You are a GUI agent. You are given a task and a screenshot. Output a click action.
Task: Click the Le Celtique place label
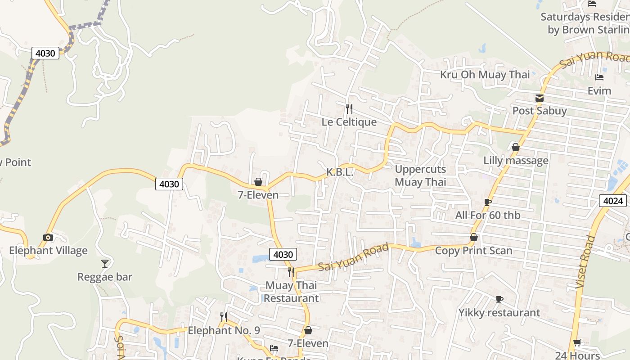(x=349, y=122)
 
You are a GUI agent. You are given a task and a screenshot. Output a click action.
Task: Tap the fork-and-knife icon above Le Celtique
(x=349, y=108)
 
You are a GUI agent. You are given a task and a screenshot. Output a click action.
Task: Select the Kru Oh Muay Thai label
(x=485, y=75)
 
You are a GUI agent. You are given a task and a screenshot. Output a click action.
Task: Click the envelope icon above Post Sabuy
(x=540, y=98)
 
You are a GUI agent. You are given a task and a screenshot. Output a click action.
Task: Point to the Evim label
(x=599, y=91)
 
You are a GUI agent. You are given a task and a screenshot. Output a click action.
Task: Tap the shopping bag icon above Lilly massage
(x=516, y=147)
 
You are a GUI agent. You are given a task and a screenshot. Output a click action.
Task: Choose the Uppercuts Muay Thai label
(x=420, y=175)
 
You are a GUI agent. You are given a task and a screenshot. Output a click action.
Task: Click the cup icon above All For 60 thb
(x=487, y=202)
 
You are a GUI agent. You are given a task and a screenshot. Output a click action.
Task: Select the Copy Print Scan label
(x=473, y=251)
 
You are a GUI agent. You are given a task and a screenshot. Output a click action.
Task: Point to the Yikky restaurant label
(x=499, y=312)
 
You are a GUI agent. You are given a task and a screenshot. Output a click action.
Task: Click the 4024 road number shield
(x=612, y=201)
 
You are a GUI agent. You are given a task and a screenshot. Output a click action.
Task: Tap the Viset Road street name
(x=585, y=262)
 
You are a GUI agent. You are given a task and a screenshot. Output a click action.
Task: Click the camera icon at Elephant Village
(x=48, y=237)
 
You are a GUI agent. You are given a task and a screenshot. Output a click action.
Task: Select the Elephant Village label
(x=48, y=251)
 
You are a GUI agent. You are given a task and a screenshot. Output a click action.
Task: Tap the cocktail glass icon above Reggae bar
(x=105, y=263)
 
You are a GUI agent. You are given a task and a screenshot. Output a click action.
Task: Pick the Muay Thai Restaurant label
(x=291, y=292)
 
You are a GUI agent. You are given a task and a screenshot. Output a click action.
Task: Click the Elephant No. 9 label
(x=224, y=331)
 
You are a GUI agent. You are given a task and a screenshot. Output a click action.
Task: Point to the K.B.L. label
(x=340, y=172)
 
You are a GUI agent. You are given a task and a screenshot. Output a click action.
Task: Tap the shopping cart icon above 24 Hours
(x=577, y=343)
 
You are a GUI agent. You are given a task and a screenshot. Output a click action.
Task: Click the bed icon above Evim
(x=599, y=77)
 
